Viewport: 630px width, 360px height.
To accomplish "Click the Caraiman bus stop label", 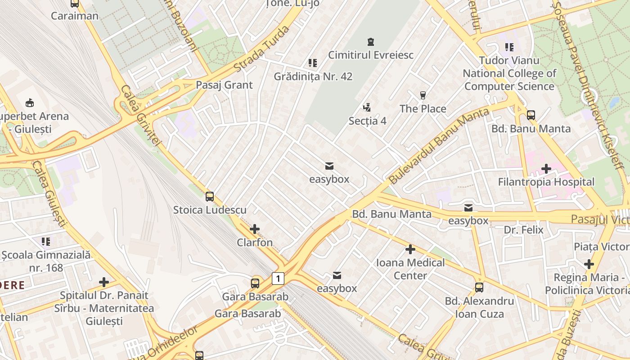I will pyautogui.click(x=74, y=16).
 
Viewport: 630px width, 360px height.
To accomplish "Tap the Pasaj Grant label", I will pyautogui.click(x=224, y=85).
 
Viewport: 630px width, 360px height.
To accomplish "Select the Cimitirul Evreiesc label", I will pyautogui.click(x=371, y=55).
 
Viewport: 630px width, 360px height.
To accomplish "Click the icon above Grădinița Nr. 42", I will pyautogui.click(x=312, y=63).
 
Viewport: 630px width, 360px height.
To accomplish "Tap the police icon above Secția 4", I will pyautogui.click(x=367, y=108).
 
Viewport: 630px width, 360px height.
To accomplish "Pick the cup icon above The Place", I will pyautogui.click(x=423, y=95).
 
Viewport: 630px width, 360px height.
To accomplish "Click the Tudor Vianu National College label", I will pyautogui.click(x=509, y=73).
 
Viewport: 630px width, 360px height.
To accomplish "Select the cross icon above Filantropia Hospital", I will pyautogui.click(x=546, y=169).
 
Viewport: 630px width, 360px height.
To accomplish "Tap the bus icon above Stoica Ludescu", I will pyautogui.click(x=210, y=197).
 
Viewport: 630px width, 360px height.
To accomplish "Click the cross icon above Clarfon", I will pyautogui.click(x=255, y=229).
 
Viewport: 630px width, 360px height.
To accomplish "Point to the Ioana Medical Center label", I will pyautogui.click(x=410, y=269).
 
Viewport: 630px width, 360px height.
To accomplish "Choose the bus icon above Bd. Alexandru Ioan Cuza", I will pyautogui.click(x=479, y=288).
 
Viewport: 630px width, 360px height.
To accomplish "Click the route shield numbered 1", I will pyautogui.click(x=278, y=279).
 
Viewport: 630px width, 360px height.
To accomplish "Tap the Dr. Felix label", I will pyautogui.click(x=523, y=230).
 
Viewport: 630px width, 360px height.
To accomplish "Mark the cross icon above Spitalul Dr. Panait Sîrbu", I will pyautogui.click(x=104, y=282).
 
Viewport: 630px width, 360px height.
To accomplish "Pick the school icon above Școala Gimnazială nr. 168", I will pyautogui.click(x=46, y=242).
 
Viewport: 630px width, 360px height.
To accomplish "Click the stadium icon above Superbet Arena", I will pyautogui.click(x=30, y=103).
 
